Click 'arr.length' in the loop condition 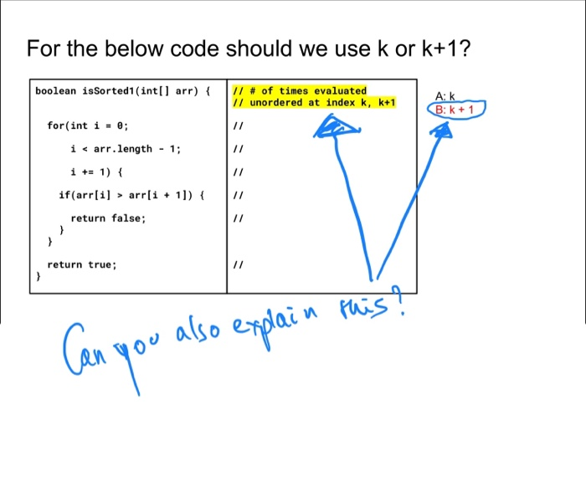point(122,149)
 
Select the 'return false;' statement point(108,218)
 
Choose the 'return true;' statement point(82,264)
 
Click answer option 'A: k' point(445,96)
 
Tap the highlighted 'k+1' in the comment point(386,102)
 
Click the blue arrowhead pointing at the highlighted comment point(336,126)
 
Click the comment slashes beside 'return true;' point(238,264)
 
